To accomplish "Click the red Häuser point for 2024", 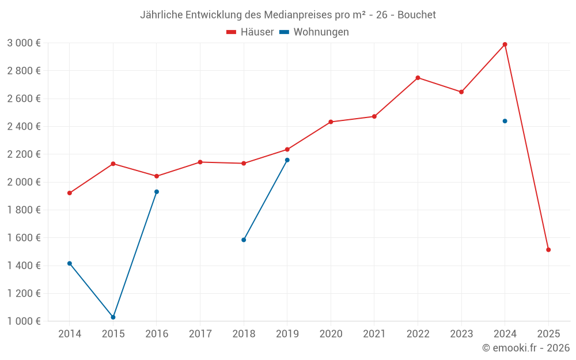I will click(505, 44).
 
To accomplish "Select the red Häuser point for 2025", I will click(548, 250).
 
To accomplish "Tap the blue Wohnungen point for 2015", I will click(113, 317).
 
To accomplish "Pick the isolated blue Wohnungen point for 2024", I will click(505, 121).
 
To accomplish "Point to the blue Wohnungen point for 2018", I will click(244, 240).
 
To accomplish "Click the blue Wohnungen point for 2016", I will click(157, 192).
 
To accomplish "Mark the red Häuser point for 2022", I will click(418, 78).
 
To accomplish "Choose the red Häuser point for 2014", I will click(70, 193).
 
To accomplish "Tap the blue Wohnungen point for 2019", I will click(287, 160).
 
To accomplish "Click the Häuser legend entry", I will click(250, 32).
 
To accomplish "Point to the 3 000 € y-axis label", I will click(24, 43).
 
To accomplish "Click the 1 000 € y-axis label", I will click(24, 321).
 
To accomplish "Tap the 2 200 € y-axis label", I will click(24, 154).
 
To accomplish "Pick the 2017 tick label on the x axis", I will click(200, 334).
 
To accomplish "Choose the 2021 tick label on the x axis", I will click(374, 334).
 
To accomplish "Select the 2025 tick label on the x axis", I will click(548, 334).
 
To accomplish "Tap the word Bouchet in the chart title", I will click(417, 14).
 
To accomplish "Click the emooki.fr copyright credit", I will click(526, 348).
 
